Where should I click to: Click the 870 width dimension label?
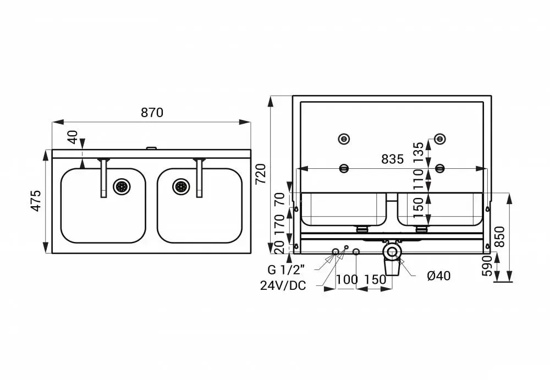(x=152, y=113)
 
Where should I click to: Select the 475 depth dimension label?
(x=36, y=201)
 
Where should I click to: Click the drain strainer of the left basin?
(x=122, y=186)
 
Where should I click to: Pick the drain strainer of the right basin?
(x=182, y=186)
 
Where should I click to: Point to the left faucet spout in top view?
(x=103, y=178)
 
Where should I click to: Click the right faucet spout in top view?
(x=199, y=178)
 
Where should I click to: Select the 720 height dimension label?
(x=261, y=174)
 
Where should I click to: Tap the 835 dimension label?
(x=393, y=159)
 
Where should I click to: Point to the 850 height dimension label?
(x=499, y=237)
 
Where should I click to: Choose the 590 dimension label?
(x=487, y=266)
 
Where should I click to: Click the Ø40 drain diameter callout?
(x=439, y=276)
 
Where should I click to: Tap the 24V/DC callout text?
(x=283, y=285)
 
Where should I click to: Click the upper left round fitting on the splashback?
(x=344, y=139)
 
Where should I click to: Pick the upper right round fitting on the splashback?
(x=440, y=139)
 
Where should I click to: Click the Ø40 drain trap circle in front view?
(x=392, y=251)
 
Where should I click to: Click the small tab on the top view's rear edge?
(x=152, y=148)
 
